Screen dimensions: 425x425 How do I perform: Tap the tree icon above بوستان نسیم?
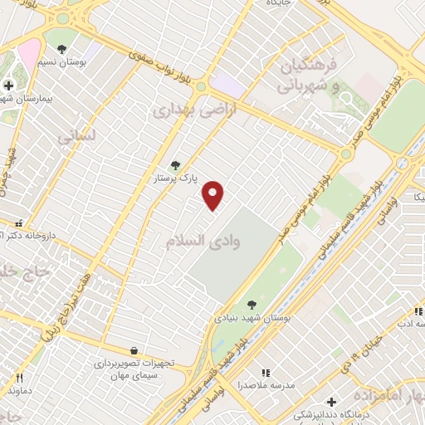pos(62,49)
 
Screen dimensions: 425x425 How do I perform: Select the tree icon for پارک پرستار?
pos(174,164)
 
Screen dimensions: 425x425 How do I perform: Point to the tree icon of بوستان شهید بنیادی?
pos(252,305)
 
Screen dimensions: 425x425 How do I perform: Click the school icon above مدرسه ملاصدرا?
pos(266,373)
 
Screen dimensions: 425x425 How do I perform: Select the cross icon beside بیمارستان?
pos(8,85)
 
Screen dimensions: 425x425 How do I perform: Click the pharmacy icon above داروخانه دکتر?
pos(18,222)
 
